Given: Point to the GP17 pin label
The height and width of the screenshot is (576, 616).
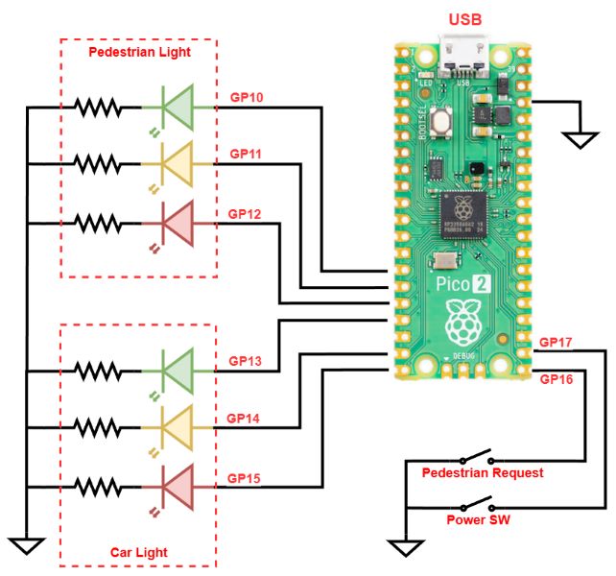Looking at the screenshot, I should (x=557, y=341).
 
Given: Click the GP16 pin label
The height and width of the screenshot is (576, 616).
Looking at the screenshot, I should (x=557, y=379).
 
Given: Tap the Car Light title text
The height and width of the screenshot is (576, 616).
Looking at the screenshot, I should (x=138, y=552).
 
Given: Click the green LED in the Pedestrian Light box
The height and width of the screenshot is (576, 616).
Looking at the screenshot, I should (x=176, y=108).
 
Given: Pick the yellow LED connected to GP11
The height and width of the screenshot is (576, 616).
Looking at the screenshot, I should (x=176, y=164).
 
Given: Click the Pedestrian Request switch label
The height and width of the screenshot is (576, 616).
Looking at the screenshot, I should (x=484, y=473).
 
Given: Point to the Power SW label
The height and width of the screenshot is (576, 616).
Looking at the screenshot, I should (x=477, y=520).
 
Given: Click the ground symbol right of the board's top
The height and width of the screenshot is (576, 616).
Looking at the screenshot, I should (x=579, y=139).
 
